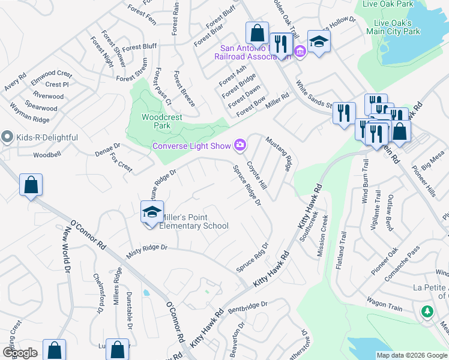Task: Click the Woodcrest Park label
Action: pyautogui.click(x=161, y=122)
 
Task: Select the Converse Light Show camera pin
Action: pyautogui.click(x=241, y=145)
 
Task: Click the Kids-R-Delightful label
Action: pyautogui.click(x=47, y=137)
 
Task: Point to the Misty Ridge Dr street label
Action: pyautogui.click(x=146, y=251)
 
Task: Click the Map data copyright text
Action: pyautogui.click(x=411, y=355)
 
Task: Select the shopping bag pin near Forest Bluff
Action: pyautogui.click(x=257, y=32)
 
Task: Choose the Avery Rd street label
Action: pyautogui.click(x=15, y=82)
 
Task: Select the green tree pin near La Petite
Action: pyautogui.click(x=427, y=311)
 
